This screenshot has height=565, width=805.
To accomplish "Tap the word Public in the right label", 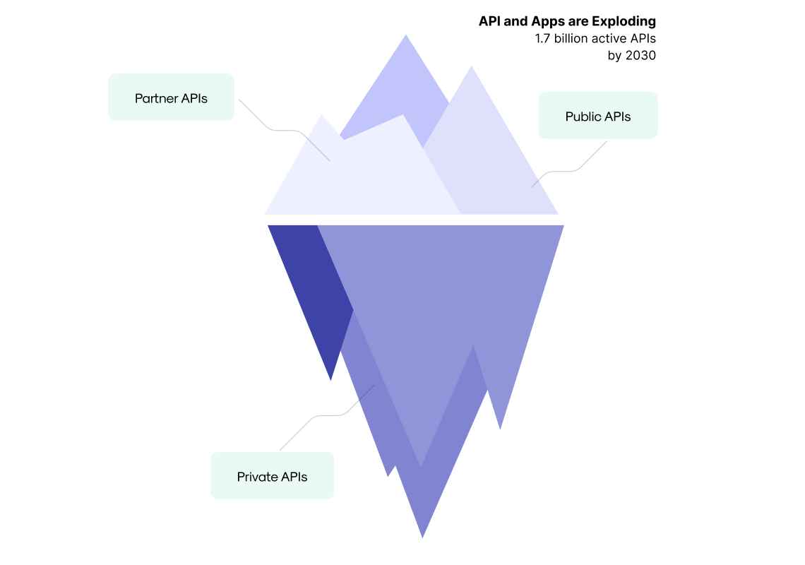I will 581,117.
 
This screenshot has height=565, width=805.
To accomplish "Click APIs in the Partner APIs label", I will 193,98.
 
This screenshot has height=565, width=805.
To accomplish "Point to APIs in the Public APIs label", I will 618,117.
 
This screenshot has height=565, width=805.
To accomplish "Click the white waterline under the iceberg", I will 412,220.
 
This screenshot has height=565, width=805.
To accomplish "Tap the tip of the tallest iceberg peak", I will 406,35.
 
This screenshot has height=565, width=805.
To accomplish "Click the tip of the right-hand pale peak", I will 472,67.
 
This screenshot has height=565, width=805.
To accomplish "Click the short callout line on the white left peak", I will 318,150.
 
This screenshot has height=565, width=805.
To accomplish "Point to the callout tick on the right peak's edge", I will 535,183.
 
